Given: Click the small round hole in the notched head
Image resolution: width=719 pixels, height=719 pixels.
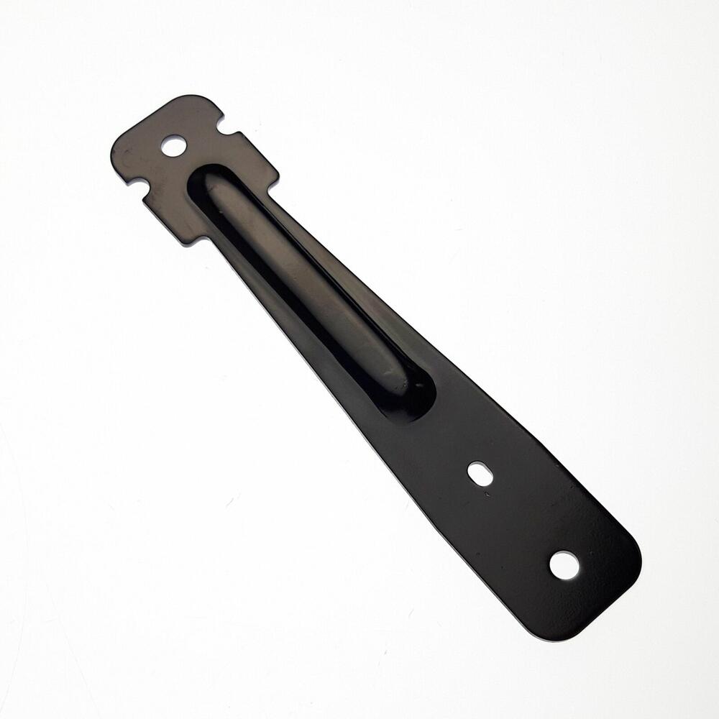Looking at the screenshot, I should [x=173, y=146].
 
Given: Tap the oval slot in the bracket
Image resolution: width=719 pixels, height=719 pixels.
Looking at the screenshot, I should [x=480, y=473].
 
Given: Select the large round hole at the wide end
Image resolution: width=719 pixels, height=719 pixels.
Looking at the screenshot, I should [x=564, y=565].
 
